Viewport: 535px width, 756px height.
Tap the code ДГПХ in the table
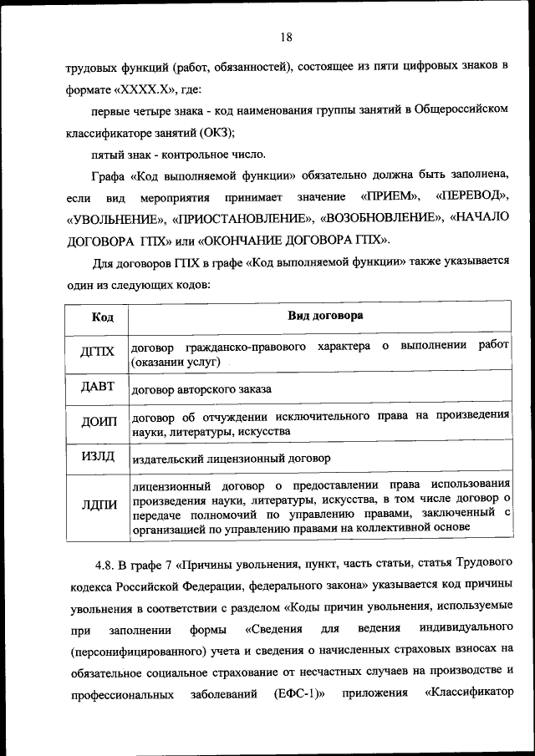tap(97, 352)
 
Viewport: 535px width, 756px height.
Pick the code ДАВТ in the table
tap(98, 387)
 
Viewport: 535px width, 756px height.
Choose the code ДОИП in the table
tap(99, 422)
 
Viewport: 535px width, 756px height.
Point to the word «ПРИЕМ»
tap(390, 197)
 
